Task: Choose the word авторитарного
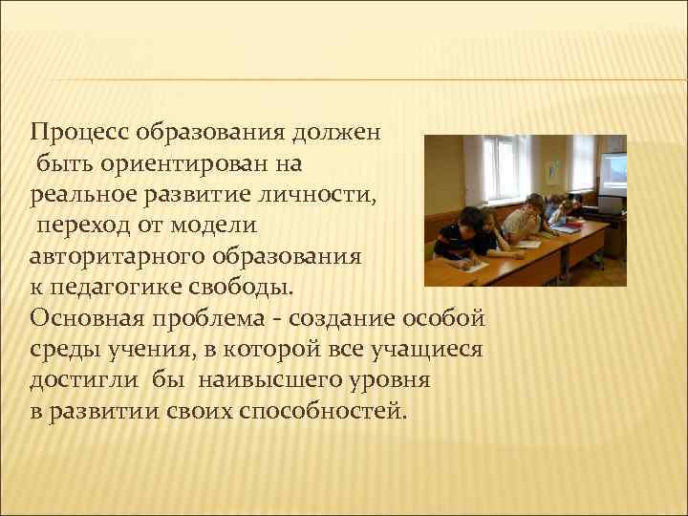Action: point(118,257)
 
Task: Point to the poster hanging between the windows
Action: point(551,171)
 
